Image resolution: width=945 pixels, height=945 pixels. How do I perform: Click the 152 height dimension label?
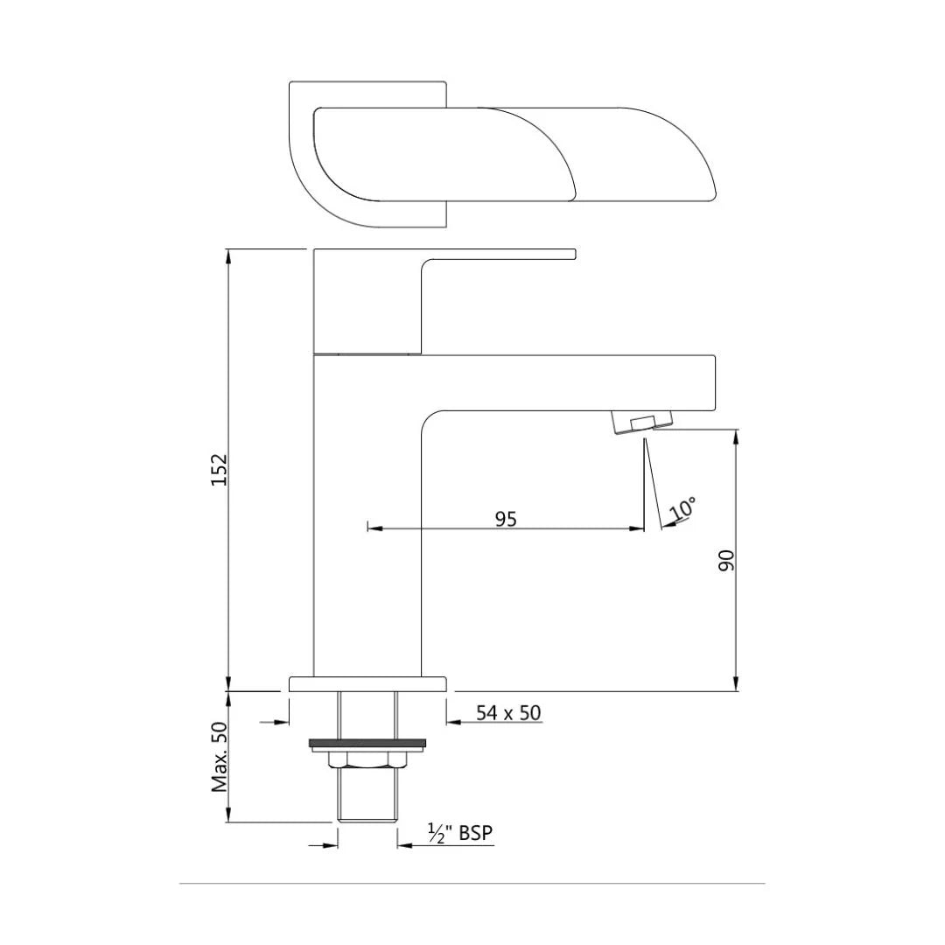click(x=220, y=470)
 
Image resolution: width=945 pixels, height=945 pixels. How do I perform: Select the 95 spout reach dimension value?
click(x=506, y=519)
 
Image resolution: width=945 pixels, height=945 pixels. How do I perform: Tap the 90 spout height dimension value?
click(x=726, y=560)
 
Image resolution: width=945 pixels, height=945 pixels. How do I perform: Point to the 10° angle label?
click(x=683, y=508)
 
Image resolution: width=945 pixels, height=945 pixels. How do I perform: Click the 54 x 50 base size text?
click(x=508, y=713)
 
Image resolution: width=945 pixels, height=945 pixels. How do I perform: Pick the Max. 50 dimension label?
click(x=220, y=757)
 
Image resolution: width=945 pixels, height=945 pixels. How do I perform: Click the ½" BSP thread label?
click(x=460, y=834)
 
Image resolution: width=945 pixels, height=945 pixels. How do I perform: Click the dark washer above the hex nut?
click(x=367, y=745)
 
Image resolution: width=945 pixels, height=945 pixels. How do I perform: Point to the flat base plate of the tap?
click(x=367, y=683)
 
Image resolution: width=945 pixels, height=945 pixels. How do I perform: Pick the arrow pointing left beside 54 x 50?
click(x=455, y=723)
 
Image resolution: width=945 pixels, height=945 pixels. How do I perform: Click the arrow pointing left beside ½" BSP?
click(x=405, y=845)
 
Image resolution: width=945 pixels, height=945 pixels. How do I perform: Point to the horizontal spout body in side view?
click(x=569, y=381)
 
